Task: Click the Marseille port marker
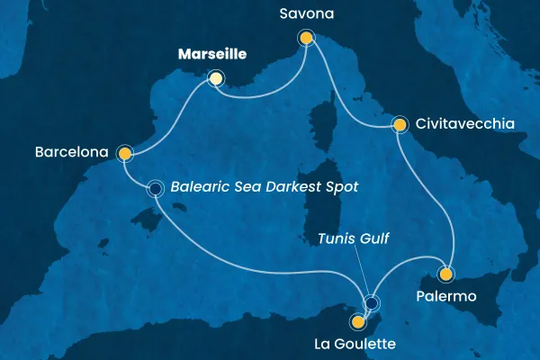coord(215,78)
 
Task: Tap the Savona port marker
coord(306,38)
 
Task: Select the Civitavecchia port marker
coord(398,124)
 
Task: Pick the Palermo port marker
coord(445,274)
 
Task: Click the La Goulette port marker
coord(358,320)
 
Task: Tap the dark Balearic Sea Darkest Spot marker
coord(156,188)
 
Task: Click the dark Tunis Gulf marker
coord(371,302)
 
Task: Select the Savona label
coord(306,15)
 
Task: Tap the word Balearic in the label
coord(200,188)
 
